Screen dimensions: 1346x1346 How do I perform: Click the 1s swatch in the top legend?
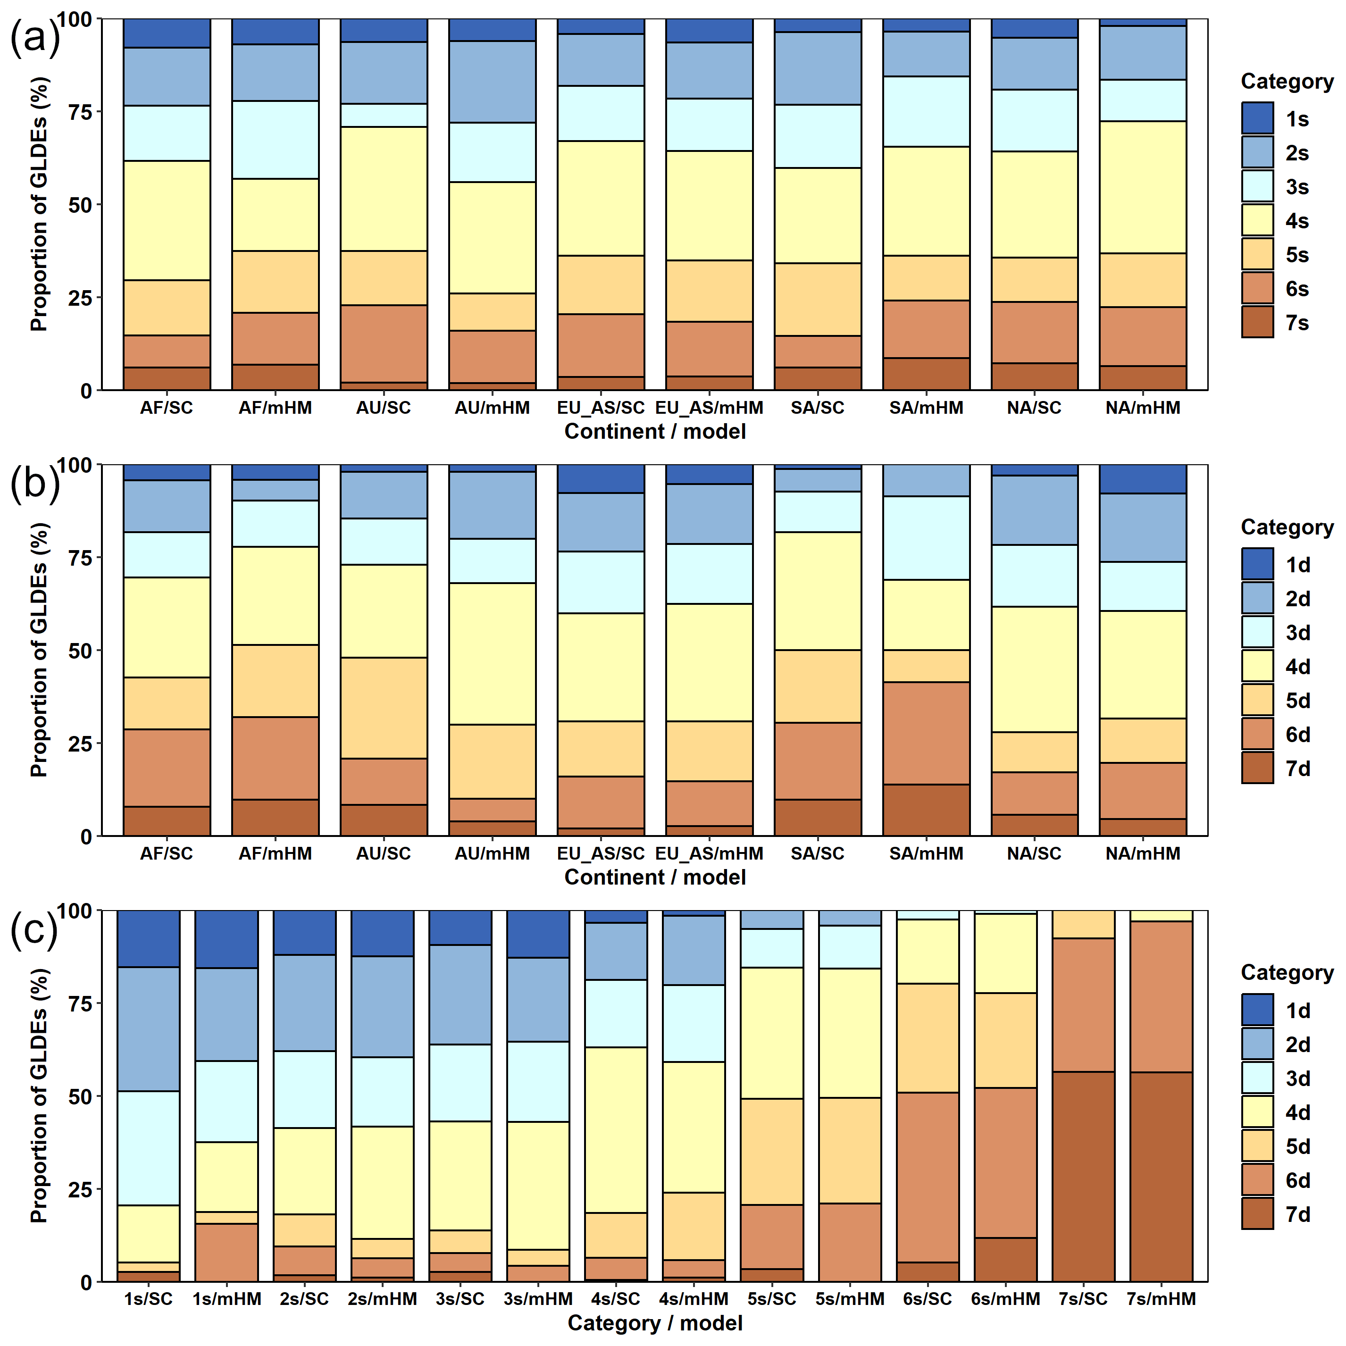click(1257, 118)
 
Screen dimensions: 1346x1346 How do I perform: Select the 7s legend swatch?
click(1257, 323)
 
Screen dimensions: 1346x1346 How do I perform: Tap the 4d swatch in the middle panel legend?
click(1257, 666)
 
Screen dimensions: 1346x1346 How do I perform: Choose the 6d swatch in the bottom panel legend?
click(1257, 1180)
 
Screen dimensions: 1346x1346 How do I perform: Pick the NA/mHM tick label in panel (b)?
click(1143, 853)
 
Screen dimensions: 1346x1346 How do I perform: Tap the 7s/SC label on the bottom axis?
click(1083, 1299)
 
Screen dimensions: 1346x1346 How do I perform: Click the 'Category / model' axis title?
click(655, 1323)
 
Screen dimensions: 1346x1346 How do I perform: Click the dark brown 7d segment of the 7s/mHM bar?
click(1161, 1178)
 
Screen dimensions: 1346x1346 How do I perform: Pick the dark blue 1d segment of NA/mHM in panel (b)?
click(1143, 479)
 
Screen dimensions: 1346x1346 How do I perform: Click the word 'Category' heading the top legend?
click(1287, 82)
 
